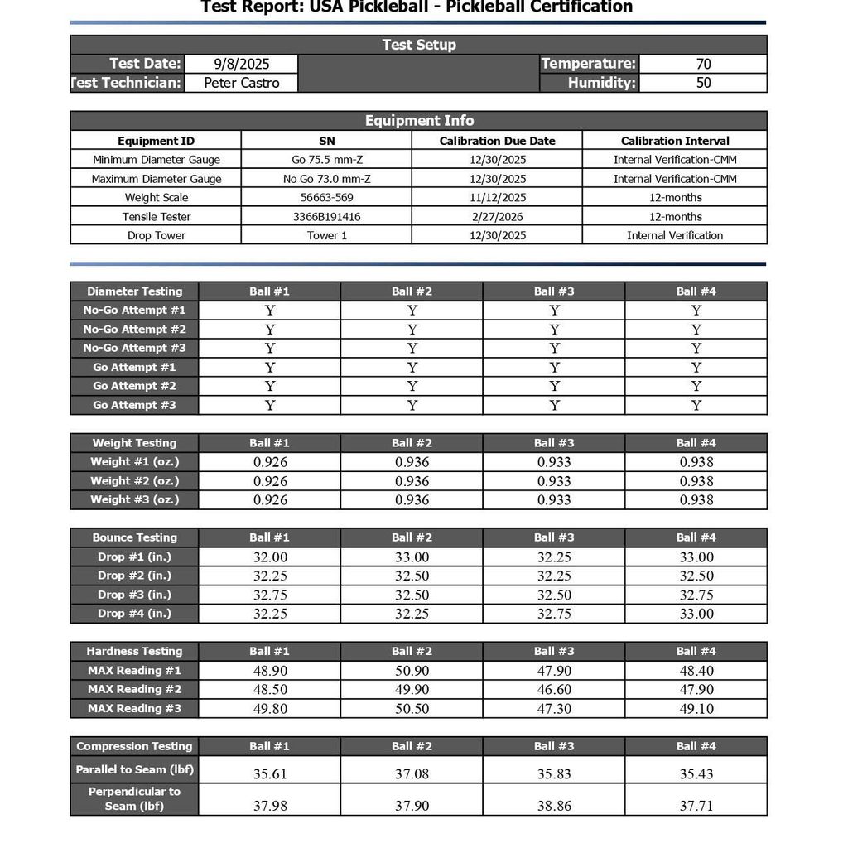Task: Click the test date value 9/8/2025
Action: tap(242, 64)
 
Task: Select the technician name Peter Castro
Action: tap(242, 83)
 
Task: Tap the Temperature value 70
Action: tap(703, 64)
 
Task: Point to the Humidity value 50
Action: tap(703, 83)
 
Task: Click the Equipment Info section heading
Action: tap(419, 121)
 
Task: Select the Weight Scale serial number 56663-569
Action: tap(326, 198)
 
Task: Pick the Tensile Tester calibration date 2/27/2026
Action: tap(497, 217)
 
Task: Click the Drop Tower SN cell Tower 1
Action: tap(326, 236)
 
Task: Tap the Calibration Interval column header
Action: tap(675, 141)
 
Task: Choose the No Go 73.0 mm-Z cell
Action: tap(326, 179)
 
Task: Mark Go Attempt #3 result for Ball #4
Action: tap(696, 406)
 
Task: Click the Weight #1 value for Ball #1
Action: tap(270, 462)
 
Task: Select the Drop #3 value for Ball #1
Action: tap(270, 595)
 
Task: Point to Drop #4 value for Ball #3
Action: tap(554, 614)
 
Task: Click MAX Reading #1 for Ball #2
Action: tap(412, 671)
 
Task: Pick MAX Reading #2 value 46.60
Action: tap(554, 690)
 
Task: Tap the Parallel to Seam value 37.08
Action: tap(412, 774)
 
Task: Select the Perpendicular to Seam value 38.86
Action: tap(554, 806)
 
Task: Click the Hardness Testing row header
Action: tap(134, 652)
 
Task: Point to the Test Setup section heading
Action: tap(419, 45)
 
